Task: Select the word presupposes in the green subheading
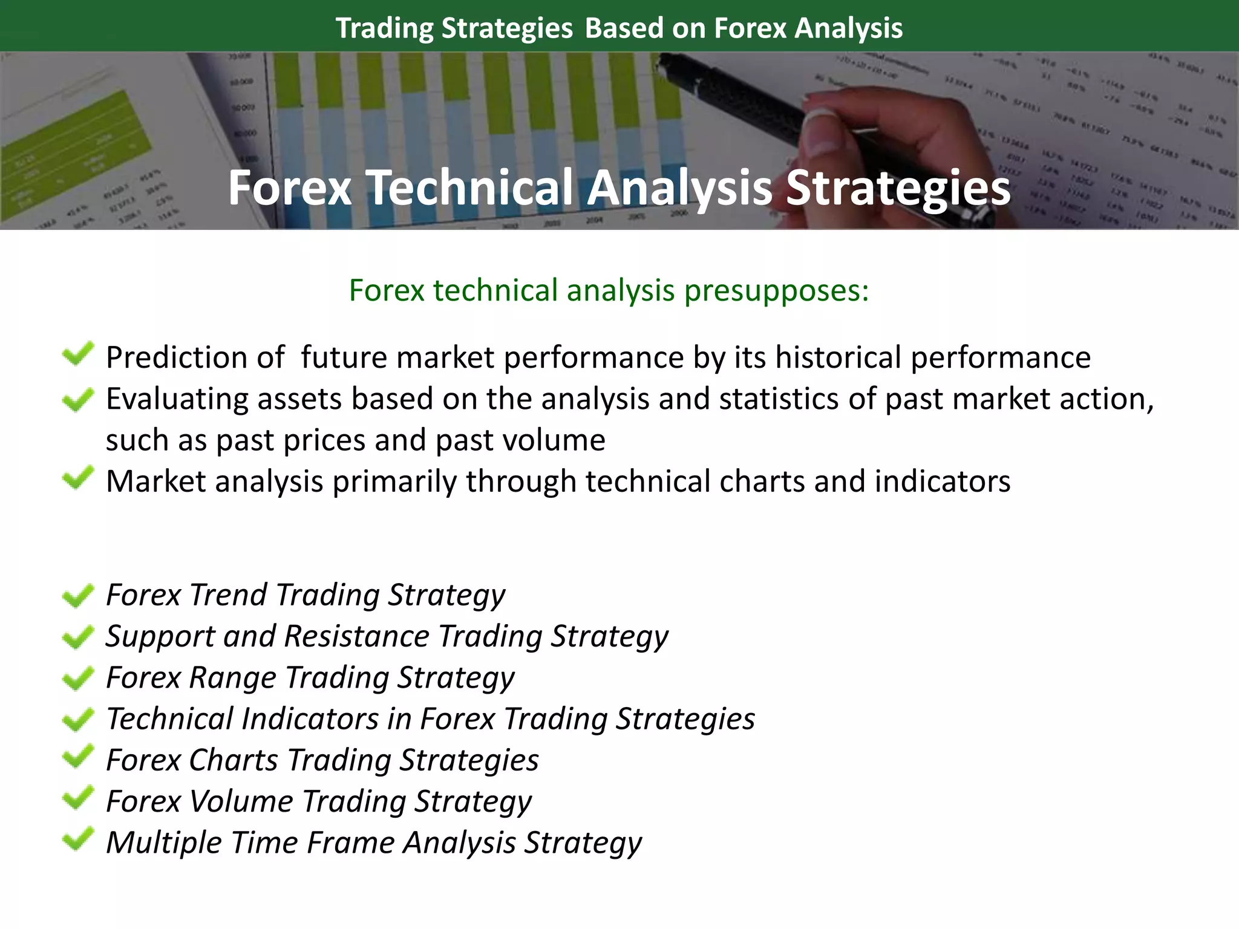[772, 290]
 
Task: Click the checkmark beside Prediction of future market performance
[78, 354]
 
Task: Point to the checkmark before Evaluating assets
[78, 399]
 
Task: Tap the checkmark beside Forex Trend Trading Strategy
[78, 596]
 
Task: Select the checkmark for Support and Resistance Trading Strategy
[78, 637]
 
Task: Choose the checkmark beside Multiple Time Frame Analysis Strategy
[78, 839]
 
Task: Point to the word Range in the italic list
[233, 677]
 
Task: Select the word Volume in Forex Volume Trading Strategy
[241, 801]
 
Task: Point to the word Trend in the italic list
[228, 595]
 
